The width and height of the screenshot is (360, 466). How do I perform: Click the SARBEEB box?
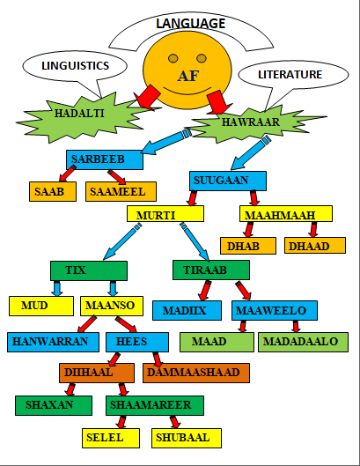[x=105, y=160]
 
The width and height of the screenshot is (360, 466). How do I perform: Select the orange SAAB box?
[x=53, y=191]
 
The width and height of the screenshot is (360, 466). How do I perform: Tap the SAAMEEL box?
[x=121, y=191]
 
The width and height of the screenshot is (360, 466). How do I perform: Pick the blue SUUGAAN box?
[x=228, y=181]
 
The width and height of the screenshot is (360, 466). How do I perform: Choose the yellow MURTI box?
[x=165, y=214]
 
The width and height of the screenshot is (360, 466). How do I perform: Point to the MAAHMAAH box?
[x=286, y=214]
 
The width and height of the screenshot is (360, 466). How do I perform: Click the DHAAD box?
[x=315, y=246]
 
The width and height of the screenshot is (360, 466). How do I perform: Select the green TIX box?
[x=89, y=270]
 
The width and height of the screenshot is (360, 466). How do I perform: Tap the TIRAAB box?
[x=211, y=270]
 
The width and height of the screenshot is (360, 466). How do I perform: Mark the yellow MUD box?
[x=41, y=306]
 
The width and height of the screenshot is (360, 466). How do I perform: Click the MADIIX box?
[x=187, y=310]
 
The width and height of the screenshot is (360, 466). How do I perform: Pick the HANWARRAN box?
[x=53, y=342]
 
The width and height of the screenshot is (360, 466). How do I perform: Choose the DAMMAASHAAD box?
[x=196, y=373]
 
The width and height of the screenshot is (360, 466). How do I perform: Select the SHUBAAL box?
[x=187, y=438]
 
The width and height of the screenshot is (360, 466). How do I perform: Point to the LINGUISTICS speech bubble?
[x=75, y=66]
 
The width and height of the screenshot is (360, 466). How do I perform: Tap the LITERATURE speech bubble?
[x=293, y=74]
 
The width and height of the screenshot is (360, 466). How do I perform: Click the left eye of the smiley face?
[x=173, y=58]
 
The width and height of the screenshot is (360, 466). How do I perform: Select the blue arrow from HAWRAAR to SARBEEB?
[x=165, y=142]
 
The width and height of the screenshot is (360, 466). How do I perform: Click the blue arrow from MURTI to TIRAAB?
[x=195, y=241]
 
